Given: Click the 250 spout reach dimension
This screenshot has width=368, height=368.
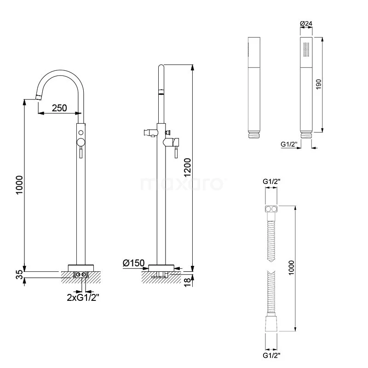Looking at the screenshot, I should (x=59, y=109).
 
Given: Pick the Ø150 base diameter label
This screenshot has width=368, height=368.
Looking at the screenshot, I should (x=133, y=263).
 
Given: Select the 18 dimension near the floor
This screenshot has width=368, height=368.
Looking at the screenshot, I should (x=188, y=281).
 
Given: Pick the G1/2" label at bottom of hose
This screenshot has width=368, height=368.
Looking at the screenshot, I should (x=272, y=355).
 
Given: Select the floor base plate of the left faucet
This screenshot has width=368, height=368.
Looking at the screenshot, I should (x=81, y=267).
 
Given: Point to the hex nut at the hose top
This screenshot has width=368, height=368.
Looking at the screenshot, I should (x=272, y=210).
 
